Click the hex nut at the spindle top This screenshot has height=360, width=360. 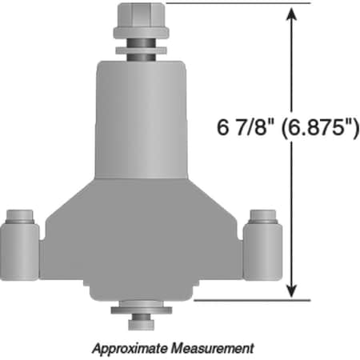click(x=141, y=16)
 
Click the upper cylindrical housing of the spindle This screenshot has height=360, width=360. click(x=142, y=120)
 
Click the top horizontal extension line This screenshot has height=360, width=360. click(x=240, y=3)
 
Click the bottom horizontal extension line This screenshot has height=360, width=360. click(x=248, y=301)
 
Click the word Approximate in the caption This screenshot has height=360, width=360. click(x=129, y=349)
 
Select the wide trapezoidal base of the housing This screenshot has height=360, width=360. click(x=142, y=240)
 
